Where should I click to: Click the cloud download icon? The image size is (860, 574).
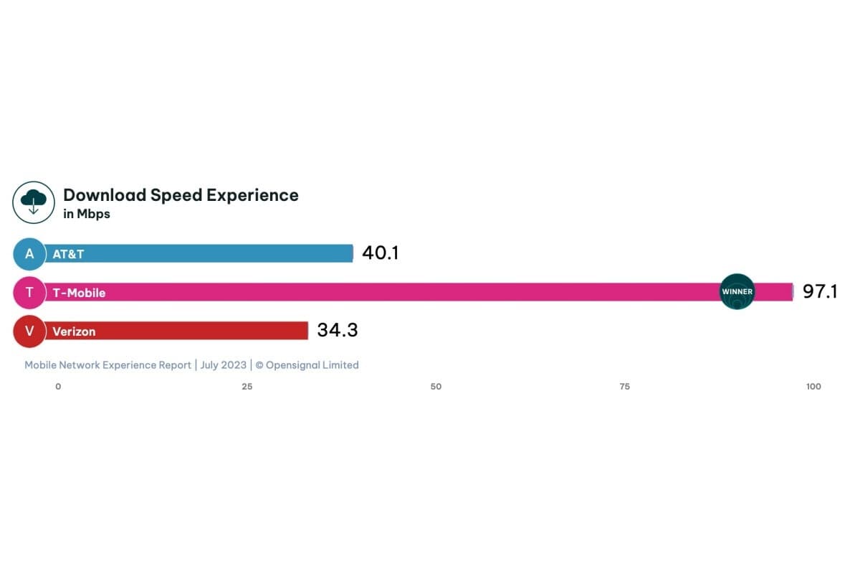pyautogui.click(x=34, y=202)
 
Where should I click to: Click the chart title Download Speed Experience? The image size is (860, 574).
pyautogui.click(x=181, y=195)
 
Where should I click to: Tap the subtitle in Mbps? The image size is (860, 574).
pyautogui.click(x=87, y=214)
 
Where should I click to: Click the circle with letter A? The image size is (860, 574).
pyautogui.click(x=29, y=254)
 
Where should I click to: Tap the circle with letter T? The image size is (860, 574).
pyautogui.click(x=29, y=292)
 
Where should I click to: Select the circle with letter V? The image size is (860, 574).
pyautogui.click(x=29, y=331)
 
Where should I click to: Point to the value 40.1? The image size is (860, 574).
pyautogui.click(x=380, y=253)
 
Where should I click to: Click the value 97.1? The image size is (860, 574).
pyautogui.click(x=820, y=292)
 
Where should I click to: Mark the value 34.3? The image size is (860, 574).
pyautogui.click(x=337, y=331)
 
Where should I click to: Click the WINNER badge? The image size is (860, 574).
pyautogui.click(x=737, y=292)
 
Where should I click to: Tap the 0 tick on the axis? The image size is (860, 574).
pyautogui.click(x=58, y=387)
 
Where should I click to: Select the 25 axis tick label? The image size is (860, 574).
pyautogui.click(x=247, y=387)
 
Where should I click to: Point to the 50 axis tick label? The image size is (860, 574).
pyautogui.click(x=436, y=387)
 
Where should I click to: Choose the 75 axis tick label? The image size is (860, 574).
pyautogui.click(x=624, y=387)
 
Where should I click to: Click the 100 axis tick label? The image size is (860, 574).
pyautogui.click(x=813, y=387)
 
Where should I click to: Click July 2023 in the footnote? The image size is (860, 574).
pyautogui.click(x=223, y=365)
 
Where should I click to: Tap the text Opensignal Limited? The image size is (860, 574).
pyautogui.click(x=312, y=365)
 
